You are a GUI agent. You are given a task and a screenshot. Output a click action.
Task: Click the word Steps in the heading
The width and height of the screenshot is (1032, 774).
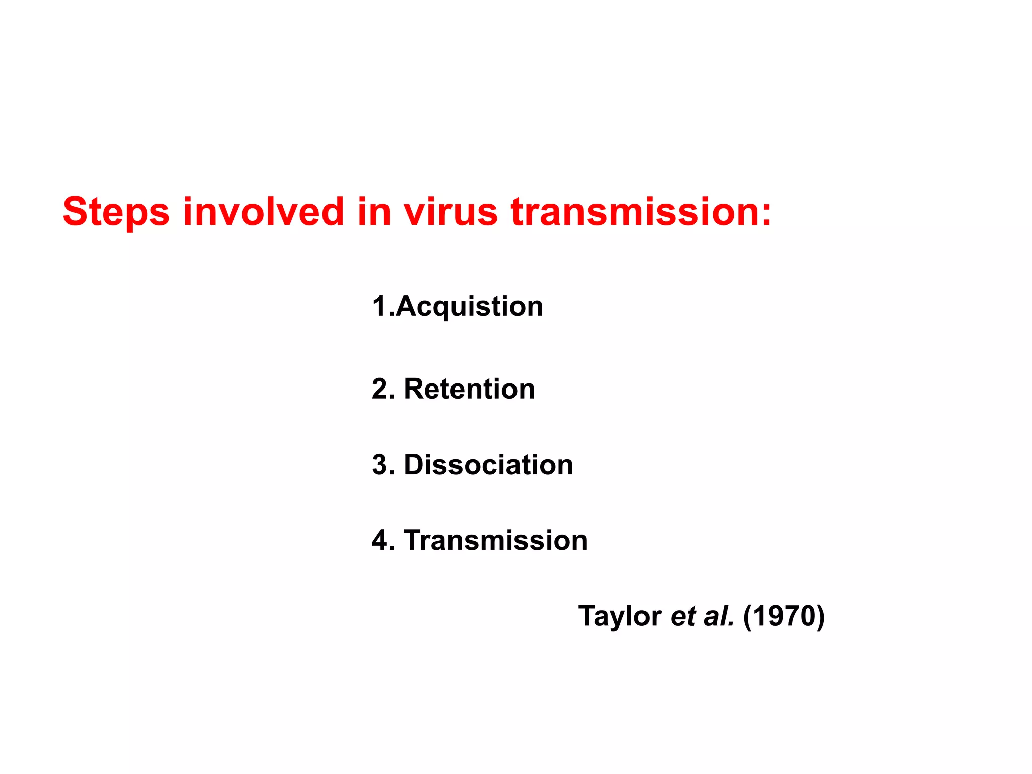(x=116, y=212)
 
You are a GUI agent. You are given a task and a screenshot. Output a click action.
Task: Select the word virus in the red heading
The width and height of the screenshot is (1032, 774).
(x=450, y=211)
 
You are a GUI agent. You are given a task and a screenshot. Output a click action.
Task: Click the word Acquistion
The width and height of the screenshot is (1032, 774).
(x=469, y=307)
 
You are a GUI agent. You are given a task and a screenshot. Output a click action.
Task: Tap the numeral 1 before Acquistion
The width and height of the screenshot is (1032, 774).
(x=379, y=306)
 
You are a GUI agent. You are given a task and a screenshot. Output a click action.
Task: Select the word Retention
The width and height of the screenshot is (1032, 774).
(x=469, y=389)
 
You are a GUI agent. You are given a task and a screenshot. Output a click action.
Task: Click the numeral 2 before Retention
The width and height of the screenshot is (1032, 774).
(x=380, y=389)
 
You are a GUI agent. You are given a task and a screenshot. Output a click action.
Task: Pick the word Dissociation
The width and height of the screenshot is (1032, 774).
(x=488, y=464)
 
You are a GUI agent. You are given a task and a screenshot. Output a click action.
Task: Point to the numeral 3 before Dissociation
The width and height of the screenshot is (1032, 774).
(x=380, y=464)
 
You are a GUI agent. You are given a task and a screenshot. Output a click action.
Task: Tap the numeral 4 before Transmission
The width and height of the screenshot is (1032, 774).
(x=380, y=540)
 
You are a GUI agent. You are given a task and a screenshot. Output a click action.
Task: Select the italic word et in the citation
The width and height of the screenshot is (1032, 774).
(x=683, y=616)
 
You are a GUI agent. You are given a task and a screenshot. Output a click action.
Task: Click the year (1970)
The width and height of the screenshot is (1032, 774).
(x=784, y=616)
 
